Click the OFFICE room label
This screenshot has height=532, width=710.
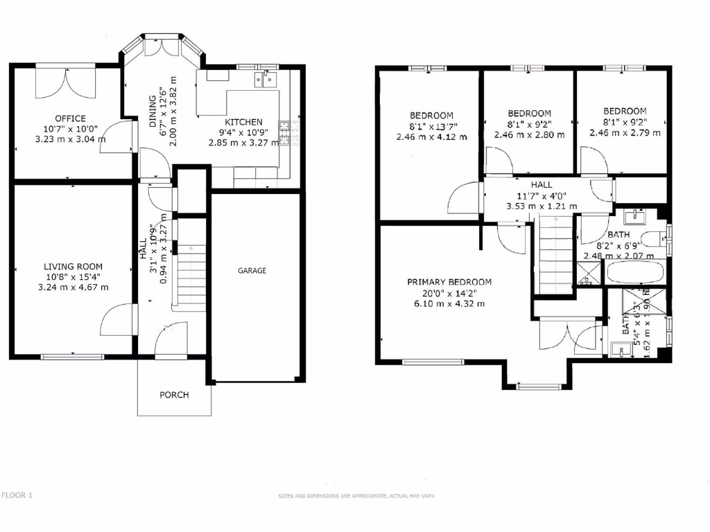[71, 118]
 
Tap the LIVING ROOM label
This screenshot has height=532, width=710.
[73, 267]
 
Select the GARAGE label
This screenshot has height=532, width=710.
[252, 271]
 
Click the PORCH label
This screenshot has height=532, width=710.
[174, 395]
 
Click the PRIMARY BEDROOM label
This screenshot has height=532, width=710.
[449, 282]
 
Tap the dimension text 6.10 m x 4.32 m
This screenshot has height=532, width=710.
[450, 304]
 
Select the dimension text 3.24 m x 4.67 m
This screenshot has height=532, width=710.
[73, 287]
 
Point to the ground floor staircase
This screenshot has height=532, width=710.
[189, 277]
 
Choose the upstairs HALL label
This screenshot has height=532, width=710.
[542, 185]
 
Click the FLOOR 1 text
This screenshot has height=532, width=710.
[17, 495]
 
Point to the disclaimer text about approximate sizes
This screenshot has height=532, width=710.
[356, 496]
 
